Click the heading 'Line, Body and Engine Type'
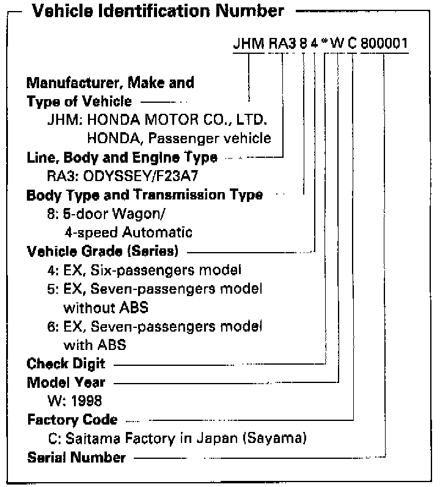tap(122, 157)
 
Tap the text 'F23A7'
tap(159, 176)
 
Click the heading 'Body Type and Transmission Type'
tap(145, 195)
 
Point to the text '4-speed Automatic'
tap(128, 232)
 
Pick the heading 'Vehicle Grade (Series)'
tap(105, 251)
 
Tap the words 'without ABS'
tap(106, 307)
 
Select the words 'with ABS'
tap(95, 344)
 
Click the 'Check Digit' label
tap(66, 363)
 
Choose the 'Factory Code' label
tap(72, 420)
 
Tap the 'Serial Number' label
tap(77, 458)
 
